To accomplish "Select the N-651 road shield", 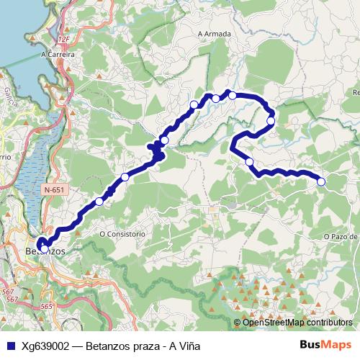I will tap(53, 189).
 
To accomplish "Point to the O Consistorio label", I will tap(122, 234).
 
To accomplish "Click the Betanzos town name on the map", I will tap(45, 251).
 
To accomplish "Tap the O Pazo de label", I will tap(341, 236).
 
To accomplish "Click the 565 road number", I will tap(47, 306).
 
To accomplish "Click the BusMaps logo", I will tap(325, 346).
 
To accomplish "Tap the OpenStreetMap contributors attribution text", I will tap(297, 323).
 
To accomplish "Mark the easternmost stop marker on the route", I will tap(321, 181).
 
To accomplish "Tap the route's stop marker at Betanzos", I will tap(45, 249).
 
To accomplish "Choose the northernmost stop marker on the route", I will tap(233, 95).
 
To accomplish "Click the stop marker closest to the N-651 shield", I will tap(99, 202).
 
